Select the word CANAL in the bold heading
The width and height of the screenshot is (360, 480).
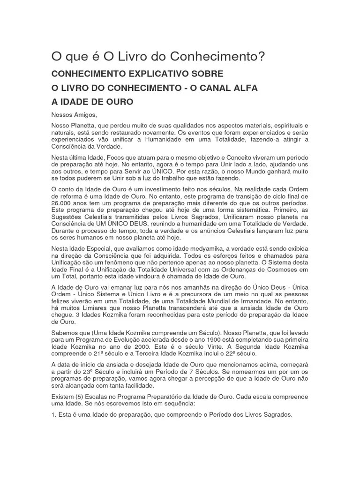click(203, 88)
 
